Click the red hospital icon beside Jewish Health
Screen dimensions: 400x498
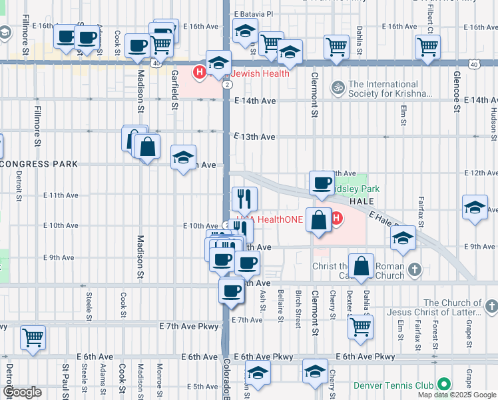[x=198, y=73]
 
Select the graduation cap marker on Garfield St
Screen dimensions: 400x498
[x=184, y=158]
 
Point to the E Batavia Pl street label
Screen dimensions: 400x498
[x=252, y=13]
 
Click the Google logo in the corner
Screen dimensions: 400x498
[x=22, y=392]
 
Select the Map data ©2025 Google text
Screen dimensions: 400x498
[x=457, y=395]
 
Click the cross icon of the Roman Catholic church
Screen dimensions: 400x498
[x=414, y=270]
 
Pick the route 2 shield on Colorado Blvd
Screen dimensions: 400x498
[x=228, y=85]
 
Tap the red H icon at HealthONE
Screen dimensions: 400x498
[x=336, y=218]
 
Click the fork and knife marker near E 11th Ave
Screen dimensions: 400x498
[x=244, y=198]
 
